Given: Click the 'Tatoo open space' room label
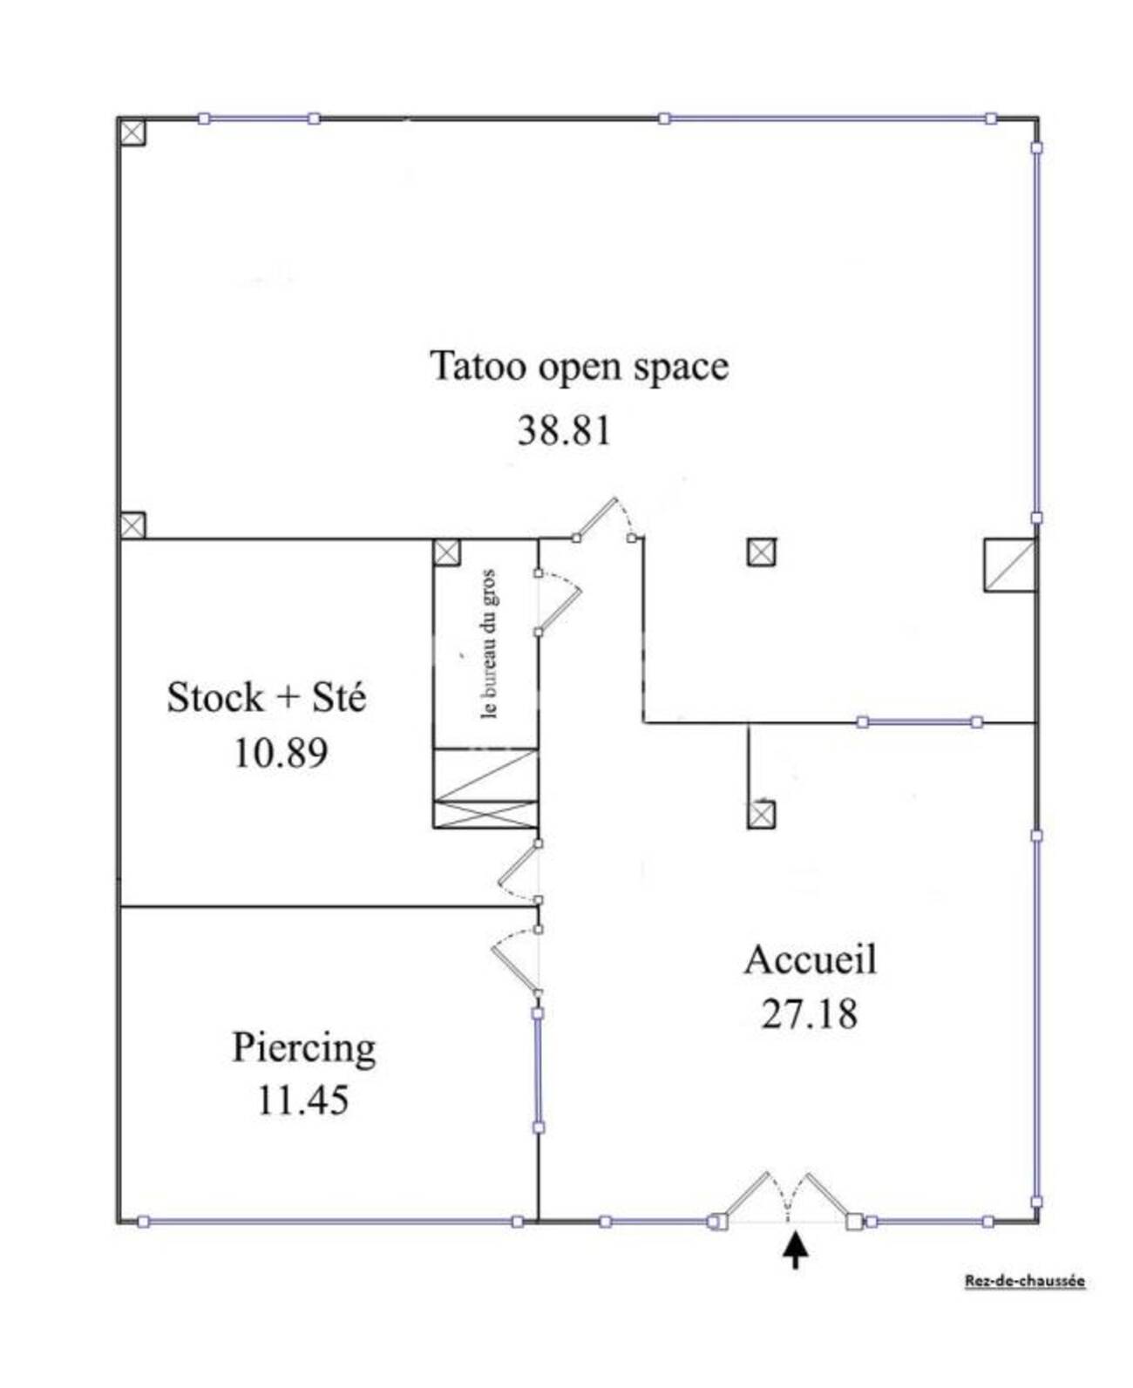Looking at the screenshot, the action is pos(579,367).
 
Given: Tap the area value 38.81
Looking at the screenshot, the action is pos(564,430).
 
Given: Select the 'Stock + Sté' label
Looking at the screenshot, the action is pos(266,697).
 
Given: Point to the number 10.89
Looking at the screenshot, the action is pos(281,753).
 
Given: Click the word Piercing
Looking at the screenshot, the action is pos(303,1049).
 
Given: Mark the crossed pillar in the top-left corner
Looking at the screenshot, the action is pos(132,132).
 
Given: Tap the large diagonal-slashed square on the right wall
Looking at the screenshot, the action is pos(1010,565).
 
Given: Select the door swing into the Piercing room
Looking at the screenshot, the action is pos(515,962).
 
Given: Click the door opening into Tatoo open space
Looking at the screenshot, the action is pos(607,520).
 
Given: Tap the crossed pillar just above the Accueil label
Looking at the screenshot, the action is pos(761,815).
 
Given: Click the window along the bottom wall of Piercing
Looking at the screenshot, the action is pos(330,1222).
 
